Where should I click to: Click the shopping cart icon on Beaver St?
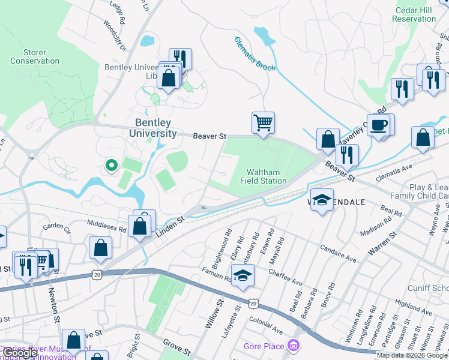tap(263, 123)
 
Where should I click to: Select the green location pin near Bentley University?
tap(110, 164)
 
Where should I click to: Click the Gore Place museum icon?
tap(294, 346)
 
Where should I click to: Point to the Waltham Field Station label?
tap(264, 176)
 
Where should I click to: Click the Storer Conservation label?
tap(35, 57)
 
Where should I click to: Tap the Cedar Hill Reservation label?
tap(414, 14)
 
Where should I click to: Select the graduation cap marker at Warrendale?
tap(322, 200)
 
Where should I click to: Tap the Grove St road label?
tap(178, 347)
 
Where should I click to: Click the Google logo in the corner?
tap(20, 353)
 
